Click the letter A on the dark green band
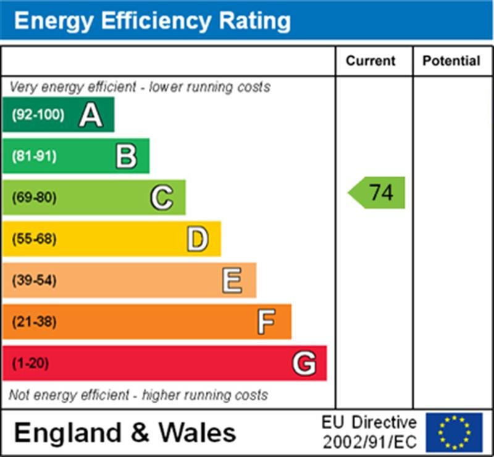90,115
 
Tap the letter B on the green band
126,156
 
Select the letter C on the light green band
161,198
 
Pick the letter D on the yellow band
197,239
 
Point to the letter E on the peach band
232,280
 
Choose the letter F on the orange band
266,322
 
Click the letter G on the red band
304,363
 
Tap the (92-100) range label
38,115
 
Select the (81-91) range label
34,156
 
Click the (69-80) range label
34,198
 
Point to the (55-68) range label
34,239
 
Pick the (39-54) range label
34,280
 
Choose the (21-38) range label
34,322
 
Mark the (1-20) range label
30,363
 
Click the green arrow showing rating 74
377,193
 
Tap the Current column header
371,61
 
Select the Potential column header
451,61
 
